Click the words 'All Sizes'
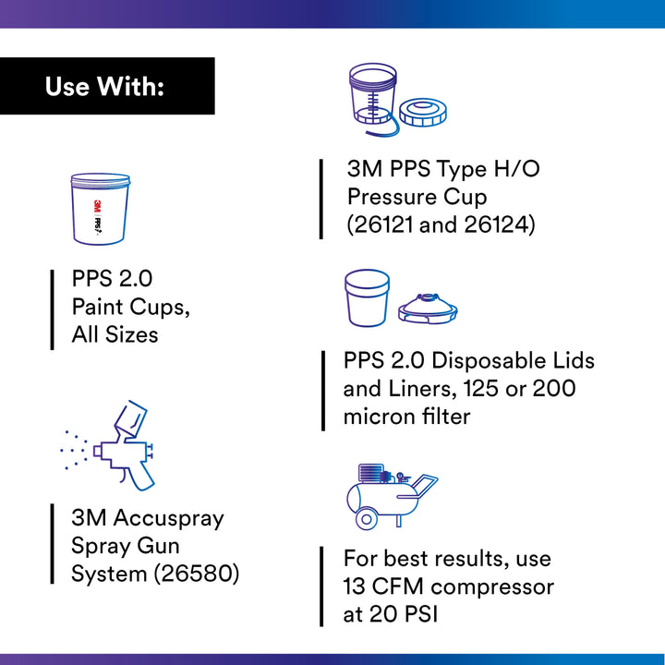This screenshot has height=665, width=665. tap(115, 334)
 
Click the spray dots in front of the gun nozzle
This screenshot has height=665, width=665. tap(73, 449)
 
